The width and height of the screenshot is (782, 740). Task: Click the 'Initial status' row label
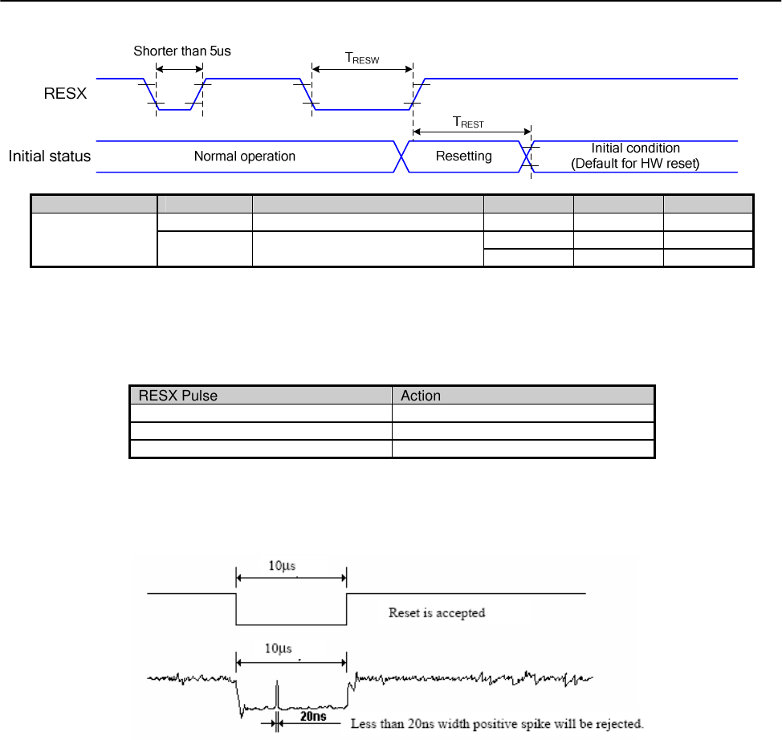tap(50, 156)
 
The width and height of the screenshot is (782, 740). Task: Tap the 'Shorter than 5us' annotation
tap(182, 51)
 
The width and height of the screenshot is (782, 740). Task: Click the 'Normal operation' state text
tap(245, 157)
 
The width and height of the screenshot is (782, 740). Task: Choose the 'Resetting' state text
tap(463, 156)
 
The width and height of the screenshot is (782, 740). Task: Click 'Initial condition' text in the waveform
tap(635, 148)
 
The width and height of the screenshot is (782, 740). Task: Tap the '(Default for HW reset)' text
tap(635, 163)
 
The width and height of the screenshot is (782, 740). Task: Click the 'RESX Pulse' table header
tap(178, 395)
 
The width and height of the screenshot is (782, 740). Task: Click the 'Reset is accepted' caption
tap(437, 613)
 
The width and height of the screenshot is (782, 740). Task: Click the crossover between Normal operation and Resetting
tap(402, 156)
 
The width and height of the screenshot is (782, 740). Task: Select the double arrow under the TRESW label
tap(362, 70)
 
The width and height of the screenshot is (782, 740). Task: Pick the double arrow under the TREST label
tap(471, 132)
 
